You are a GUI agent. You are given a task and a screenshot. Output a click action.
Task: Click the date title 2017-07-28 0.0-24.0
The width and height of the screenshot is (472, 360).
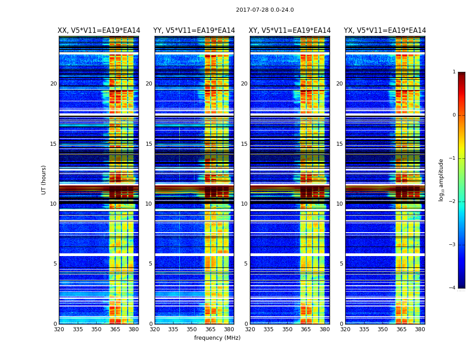265,10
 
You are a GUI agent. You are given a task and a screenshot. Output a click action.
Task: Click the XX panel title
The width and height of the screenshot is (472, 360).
99,31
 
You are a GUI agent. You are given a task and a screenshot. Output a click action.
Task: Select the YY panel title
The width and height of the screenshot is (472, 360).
194,31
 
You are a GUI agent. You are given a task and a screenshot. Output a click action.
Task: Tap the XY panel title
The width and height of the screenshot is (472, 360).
290,31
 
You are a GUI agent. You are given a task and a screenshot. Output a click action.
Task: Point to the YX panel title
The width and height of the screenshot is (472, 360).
385,31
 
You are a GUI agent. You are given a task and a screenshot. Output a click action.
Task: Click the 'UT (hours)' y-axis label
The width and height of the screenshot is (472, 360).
44,180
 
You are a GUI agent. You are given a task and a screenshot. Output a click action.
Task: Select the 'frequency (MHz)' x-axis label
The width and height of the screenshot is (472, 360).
217,338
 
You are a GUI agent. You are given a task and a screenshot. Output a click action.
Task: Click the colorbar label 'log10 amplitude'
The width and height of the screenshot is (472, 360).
441,180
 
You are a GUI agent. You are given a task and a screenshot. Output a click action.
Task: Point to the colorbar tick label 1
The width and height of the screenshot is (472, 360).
454,72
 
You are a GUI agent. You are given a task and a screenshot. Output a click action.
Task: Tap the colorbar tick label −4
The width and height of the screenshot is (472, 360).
453,288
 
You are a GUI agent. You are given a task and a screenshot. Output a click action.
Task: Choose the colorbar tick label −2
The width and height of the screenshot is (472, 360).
453,202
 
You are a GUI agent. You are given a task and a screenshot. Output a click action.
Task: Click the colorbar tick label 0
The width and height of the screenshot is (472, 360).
454,115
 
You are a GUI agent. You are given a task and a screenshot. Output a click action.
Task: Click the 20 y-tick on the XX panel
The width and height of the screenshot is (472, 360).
53,84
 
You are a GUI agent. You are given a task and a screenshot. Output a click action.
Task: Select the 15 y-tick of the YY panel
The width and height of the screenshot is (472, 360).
149,144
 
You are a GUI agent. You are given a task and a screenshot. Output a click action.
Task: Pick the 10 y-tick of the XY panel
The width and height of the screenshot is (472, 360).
244,204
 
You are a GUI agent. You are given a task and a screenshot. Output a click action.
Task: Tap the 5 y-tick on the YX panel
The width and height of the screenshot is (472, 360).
341,264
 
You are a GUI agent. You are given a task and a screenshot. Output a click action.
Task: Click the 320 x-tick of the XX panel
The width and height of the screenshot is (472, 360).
59,329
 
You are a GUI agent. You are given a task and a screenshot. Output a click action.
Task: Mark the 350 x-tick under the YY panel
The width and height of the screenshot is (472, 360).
192,329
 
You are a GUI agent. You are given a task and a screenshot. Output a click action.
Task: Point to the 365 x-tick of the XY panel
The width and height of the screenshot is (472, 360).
306,329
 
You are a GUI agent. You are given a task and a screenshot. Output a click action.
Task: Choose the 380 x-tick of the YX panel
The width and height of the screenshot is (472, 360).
420,329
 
